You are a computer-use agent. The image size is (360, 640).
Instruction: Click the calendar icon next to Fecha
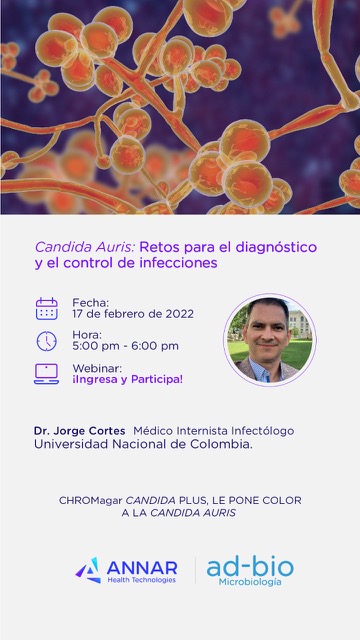pos(46,308)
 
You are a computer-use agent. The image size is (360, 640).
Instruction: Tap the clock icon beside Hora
pos(46,341)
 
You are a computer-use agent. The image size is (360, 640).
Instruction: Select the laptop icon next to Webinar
pos(46,373)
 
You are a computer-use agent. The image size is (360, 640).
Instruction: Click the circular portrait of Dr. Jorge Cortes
pos(269,340)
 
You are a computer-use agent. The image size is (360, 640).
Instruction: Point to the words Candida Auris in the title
pos(84,246)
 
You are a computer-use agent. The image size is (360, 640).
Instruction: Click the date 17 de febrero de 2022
pos(133,314)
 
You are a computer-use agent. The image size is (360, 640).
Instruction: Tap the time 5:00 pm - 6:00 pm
pos(125,346)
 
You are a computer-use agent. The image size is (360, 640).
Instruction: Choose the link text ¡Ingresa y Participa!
pos(127,379)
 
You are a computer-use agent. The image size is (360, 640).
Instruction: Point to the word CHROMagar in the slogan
pos(92,500)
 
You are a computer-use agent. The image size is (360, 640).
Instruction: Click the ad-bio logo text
pos(250,567)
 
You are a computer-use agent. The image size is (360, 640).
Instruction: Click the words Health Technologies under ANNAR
pos(140,580)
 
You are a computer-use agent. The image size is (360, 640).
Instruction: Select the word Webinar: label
pos(96,367)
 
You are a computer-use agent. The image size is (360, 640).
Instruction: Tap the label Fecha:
pos(90,302)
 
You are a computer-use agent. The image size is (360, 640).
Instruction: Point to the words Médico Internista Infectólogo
pos(213,431)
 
